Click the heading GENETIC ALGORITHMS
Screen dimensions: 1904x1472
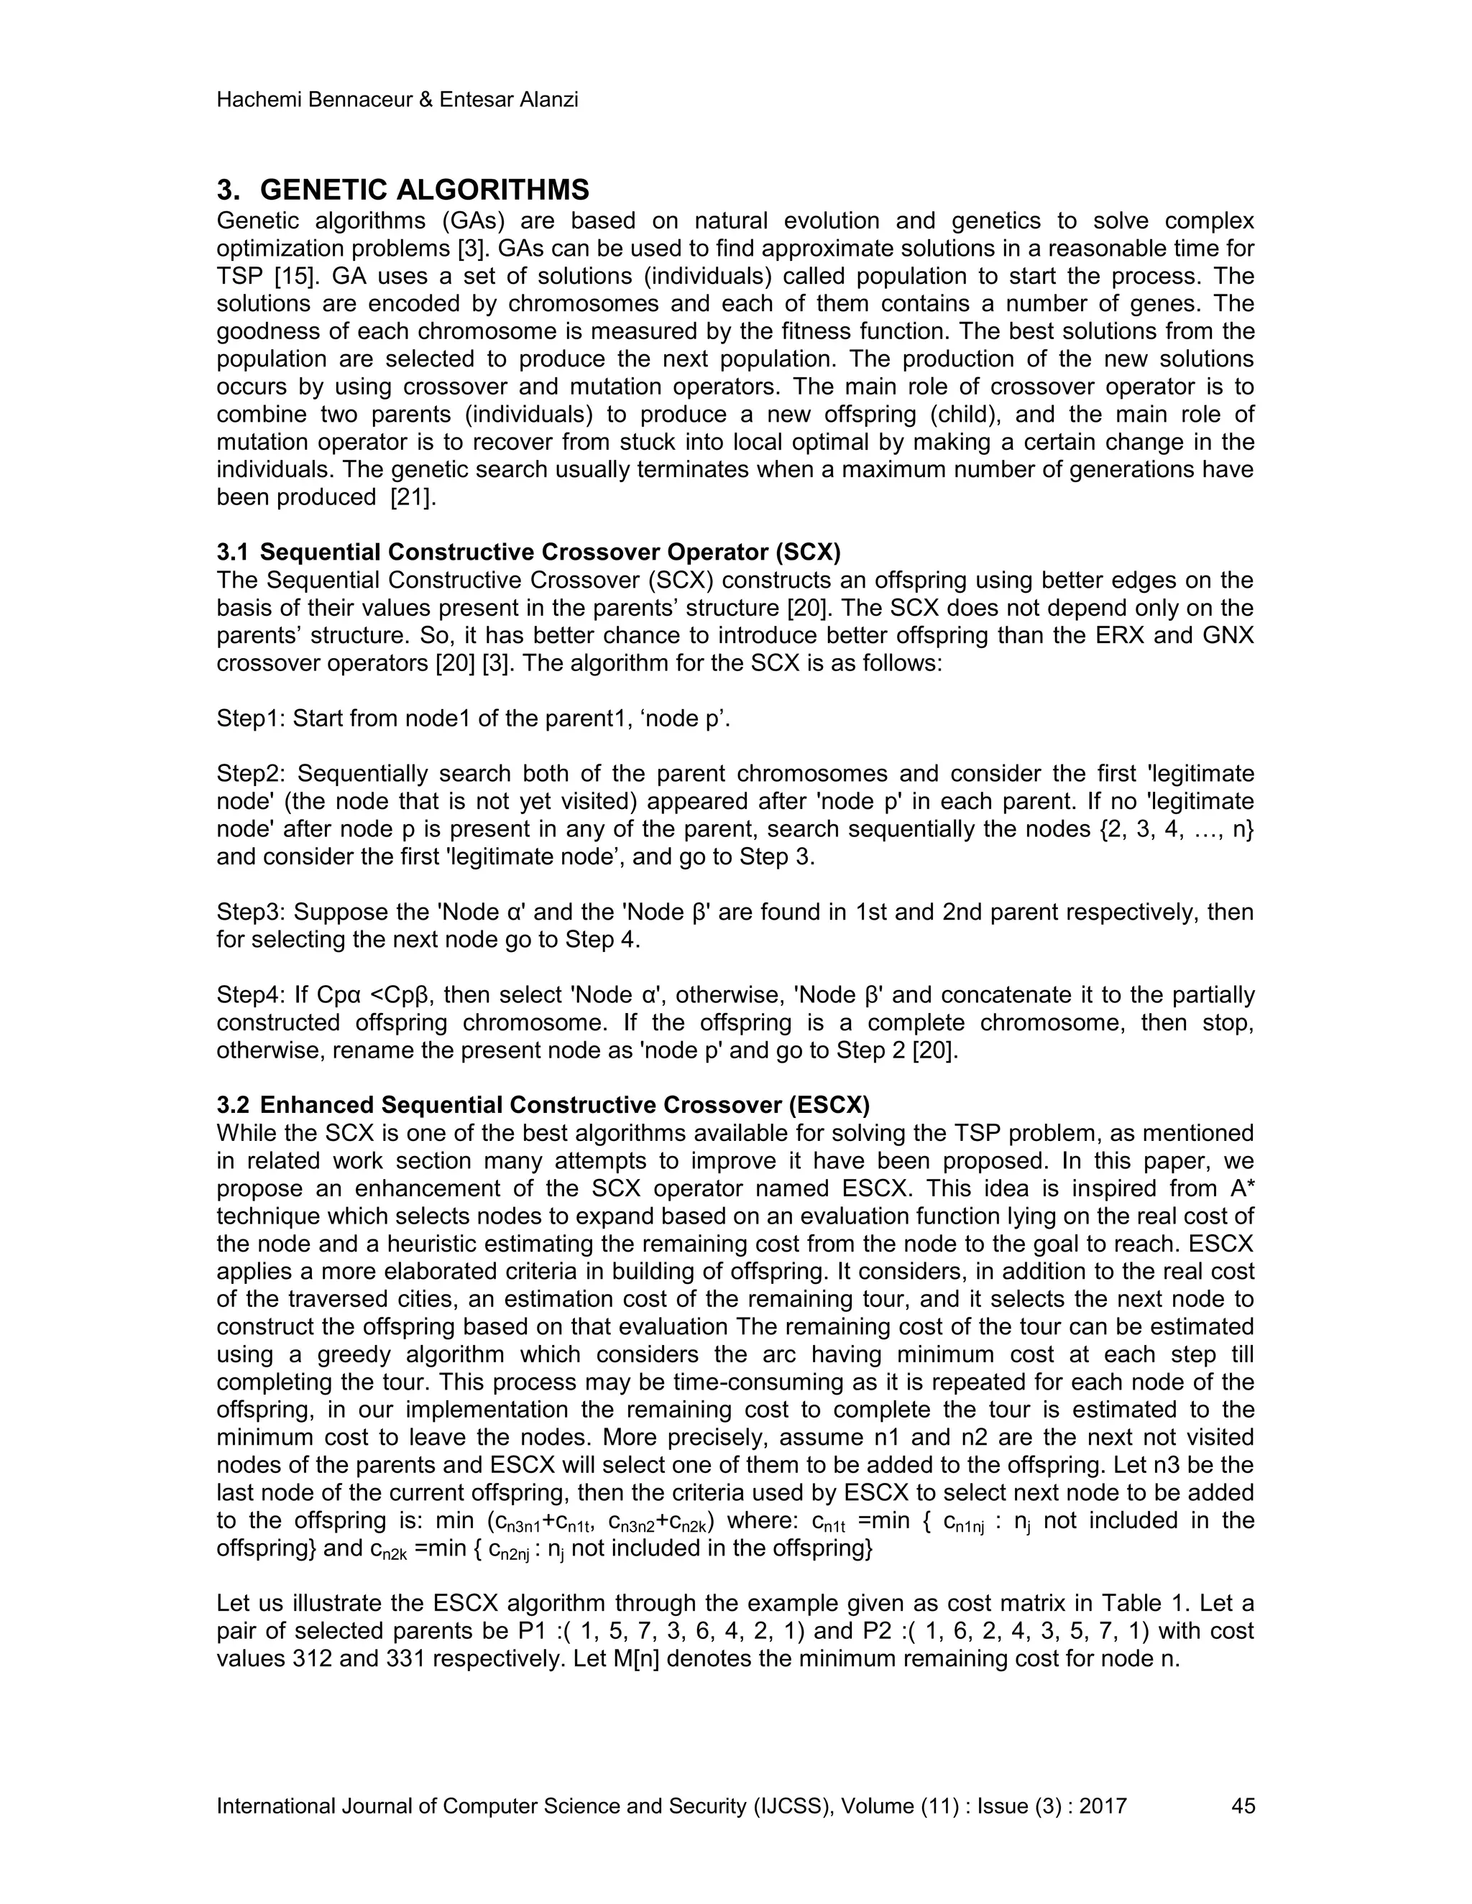pyautogui.click(x=424, y=190)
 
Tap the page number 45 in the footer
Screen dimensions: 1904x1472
pyautogui.click(x=1243, y=1806)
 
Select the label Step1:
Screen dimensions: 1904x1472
pyautogui.click(x=250, y=718)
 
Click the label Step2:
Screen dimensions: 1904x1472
pyautogui.click(x=250, y=774)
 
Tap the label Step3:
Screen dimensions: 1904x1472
pyautogui.click(x=250, y=912)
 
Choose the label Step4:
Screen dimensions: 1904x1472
pyautogui.click(x=250, y=996)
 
